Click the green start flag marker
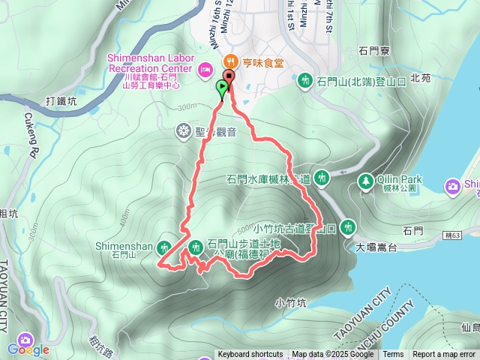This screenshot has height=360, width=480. (223, 88)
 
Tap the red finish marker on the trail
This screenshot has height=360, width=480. (228, 76)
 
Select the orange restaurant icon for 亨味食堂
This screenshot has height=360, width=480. (228, 62)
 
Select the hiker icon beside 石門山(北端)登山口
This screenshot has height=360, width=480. (304, 80)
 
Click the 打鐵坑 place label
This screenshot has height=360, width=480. (61, 100)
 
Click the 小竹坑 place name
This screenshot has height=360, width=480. (290, 303)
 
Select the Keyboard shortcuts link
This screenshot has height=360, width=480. (250, 355)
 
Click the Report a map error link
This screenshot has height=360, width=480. (444, 355)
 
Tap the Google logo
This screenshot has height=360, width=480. (28, 349)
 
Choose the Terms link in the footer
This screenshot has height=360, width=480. (393, 355)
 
